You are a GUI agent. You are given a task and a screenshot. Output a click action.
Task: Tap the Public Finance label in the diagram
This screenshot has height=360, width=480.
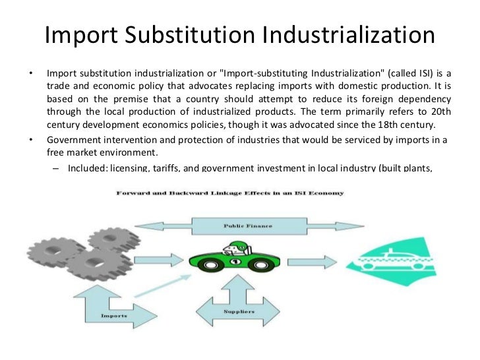pyautogui.click(x=237, y=226)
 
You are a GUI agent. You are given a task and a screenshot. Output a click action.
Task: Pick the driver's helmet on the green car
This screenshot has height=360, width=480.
pyautogui.click(x=241, y=248)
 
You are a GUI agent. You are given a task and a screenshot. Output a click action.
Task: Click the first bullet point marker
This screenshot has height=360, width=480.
pyautogui.click(x=30, y=72)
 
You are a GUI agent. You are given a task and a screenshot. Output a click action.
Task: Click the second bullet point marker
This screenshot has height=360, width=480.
pyautogui.click(x=30, y=139)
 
